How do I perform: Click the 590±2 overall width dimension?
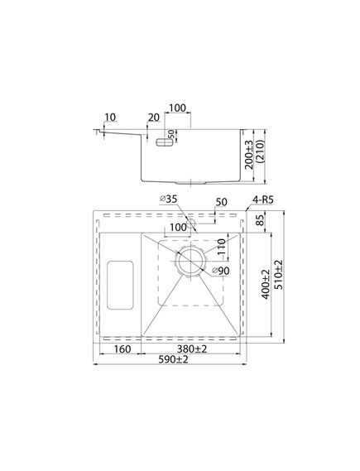click(x=173, y=359)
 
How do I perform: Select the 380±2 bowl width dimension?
click(x=192, y=349)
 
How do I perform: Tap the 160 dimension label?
click(x=122, y=349)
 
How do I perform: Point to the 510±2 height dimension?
click(x=279, y=275)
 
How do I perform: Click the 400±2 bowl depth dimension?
click(x=266, y=285)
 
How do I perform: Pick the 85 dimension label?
click(x=261, y=220)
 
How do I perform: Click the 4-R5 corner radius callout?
click(x=263, y=199)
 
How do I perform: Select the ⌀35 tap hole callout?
click(x=169, y=199)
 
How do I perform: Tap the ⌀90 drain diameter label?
click(x=221, y=271)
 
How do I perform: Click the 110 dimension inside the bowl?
click(x=222, y=247)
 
